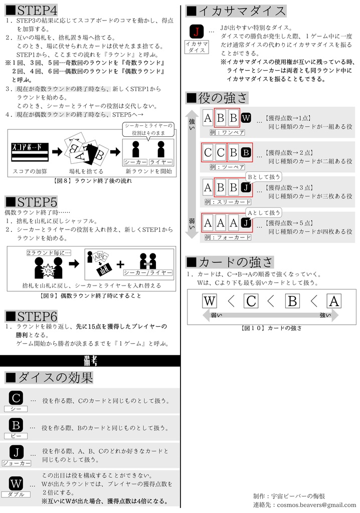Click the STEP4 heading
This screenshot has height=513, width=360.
click(32, 10)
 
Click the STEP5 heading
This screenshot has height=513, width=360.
click(32, 202)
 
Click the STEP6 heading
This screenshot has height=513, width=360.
click(32, 316)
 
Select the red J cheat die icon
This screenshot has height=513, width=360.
click(197, 32)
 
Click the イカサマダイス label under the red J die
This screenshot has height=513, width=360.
click(197, 47)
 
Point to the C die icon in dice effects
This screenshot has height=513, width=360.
click(16, 398)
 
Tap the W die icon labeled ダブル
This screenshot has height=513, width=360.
click(16, 483)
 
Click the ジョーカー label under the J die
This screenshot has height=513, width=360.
click(16, 463)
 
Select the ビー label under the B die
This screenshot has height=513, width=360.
click(16, 436)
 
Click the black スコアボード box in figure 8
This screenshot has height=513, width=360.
click(29, 149)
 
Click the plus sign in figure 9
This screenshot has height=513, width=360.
click(120, 264)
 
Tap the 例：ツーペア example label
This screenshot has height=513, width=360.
click(227, 167)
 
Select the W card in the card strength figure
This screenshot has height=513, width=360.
click(210, 301)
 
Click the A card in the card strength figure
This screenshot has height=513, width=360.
click(334, 301)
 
